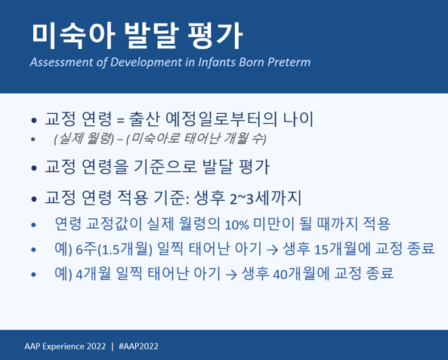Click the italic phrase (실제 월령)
pyautogui.click(x=83, y=140)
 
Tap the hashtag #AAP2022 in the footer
pyautogui.click(x=139, y=346)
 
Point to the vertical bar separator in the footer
pyautogui.click(x=112, y=346)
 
